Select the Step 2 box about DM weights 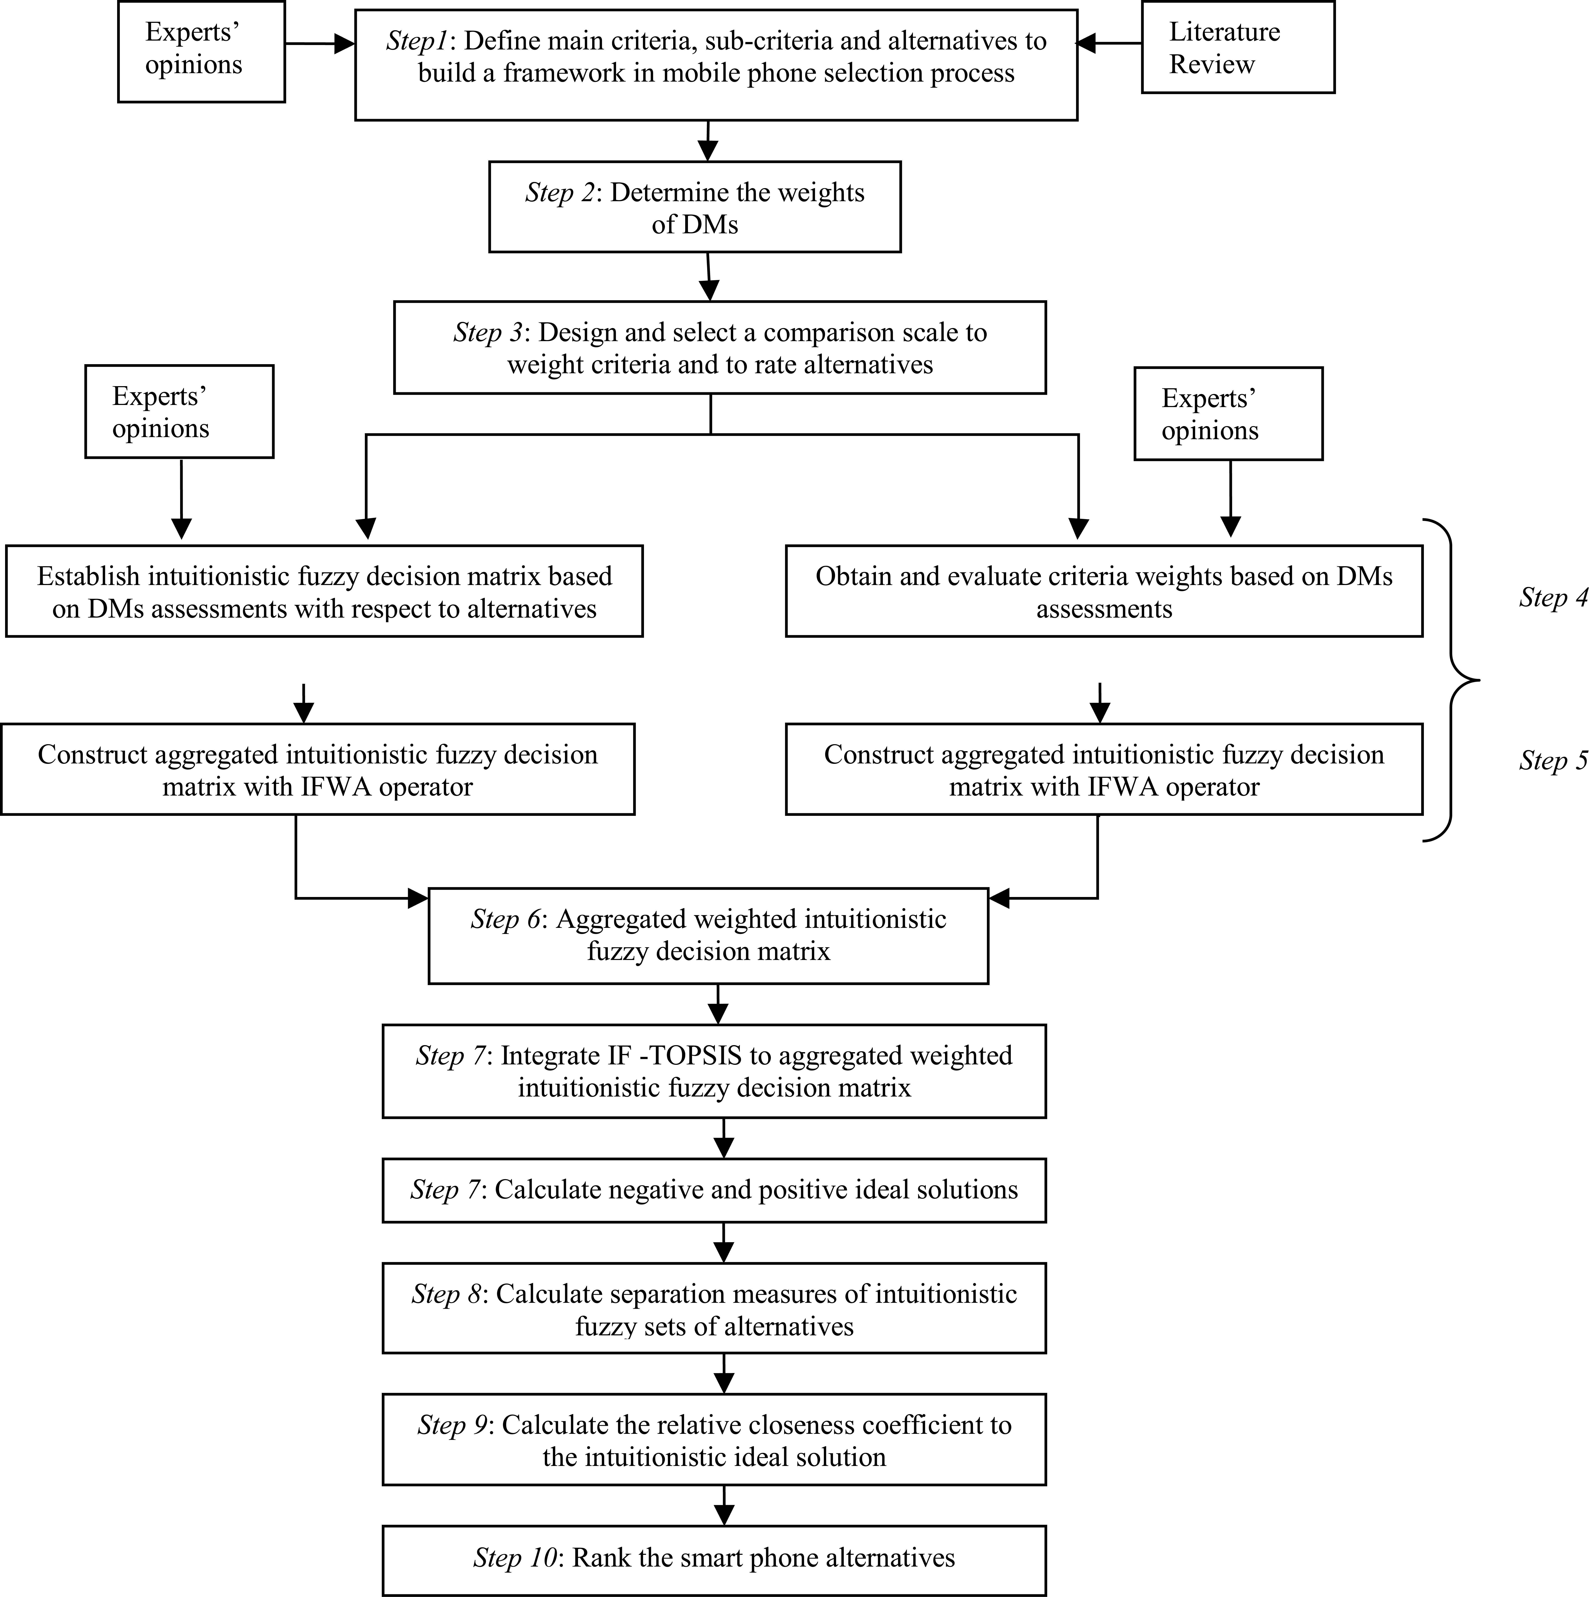pyautogui.click(x=695, y=207)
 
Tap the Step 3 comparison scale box pyautogui.click(x=719, y=347)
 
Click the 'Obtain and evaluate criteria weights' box pyautogui.click(x=1104, y=591)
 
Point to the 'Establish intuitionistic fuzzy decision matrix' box pyautogui.click(x=324, y=591)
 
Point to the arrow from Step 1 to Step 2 pyautogui.click(x=708, y=141)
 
